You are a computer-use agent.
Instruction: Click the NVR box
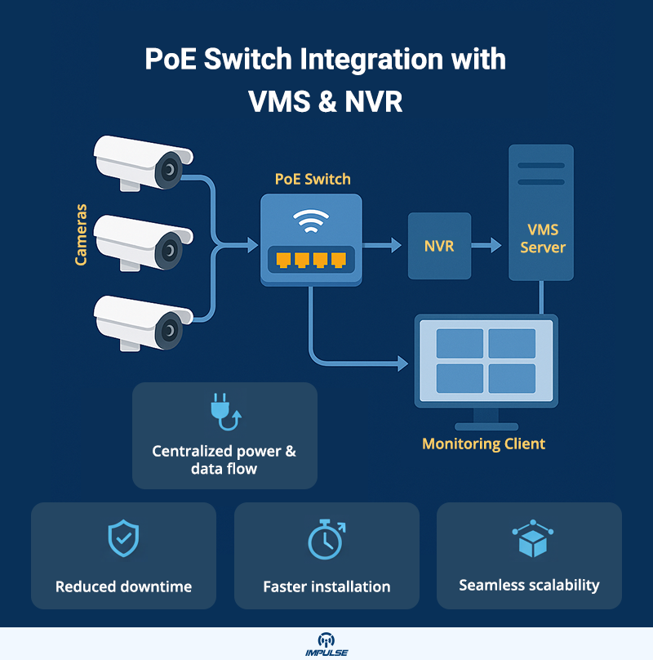click(x=439, y=245)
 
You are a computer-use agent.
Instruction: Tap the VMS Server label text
click(x=542, y=239)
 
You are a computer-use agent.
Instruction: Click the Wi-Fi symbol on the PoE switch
click(x=311, y=221)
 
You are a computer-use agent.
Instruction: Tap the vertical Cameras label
click(x=82, y=235)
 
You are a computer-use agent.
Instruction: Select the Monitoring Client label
click(x=483, y=444)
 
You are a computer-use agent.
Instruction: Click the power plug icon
click(x=224, y=413)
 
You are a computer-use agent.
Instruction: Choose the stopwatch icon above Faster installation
click(x=326, y=539)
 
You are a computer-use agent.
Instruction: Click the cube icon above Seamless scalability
click(x=529, y=539)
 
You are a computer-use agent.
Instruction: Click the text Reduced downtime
click(x=123, y=586)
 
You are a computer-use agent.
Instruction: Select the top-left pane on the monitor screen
click(x=460, y=343)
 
